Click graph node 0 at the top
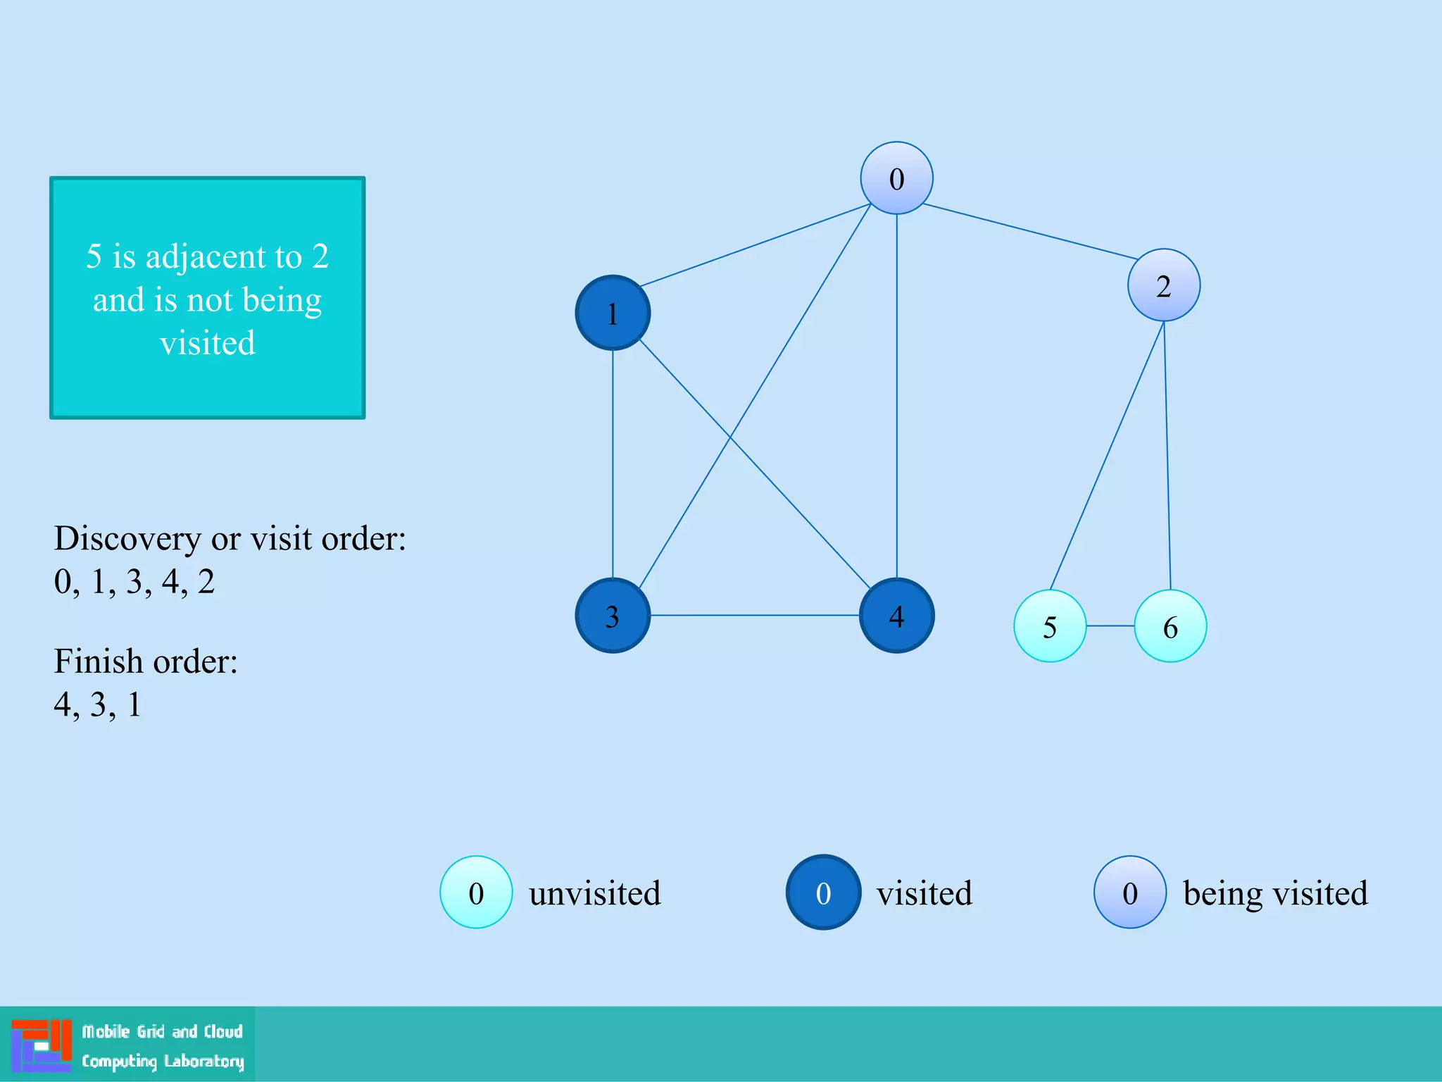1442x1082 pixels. (896, 178)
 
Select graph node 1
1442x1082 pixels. (613, 313)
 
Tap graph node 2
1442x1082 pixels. (1164, 285)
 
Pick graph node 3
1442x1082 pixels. (613, 616)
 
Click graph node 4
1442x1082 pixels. (896, 616)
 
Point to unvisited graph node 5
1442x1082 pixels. (1050, 626)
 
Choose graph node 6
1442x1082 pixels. (1170, 626)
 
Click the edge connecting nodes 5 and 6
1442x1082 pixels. (1110, 626)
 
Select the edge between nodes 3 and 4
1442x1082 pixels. (754, 615)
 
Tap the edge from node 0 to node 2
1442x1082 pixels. (1030, 232)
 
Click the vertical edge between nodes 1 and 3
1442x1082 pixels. (613, 464)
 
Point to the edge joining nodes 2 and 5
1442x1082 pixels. (1107, 455)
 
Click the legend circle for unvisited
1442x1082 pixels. (476, 893)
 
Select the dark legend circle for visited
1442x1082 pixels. (823, 893)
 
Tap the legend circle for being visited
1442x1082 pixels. (1130, 893)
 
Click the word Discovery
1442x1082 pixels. (127, 539)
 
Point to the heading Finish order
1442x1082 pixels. (146, 661)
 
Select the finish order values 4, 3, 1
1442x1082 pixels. (98, 704)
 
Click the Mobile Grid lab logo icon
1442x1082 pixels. (42, 1045)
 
